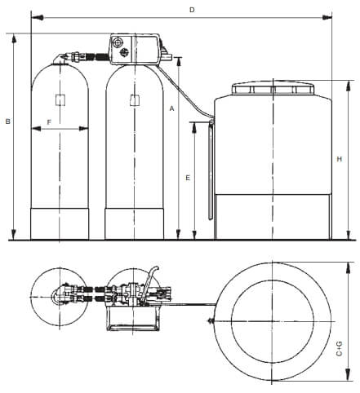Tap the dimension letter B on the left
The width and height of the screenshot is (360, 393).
(x=7, y=121)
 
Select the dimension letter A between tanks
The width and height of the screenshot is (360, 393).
(x=171, y=108)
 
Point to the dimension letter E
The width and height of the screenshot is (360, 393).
(x=187, y=177)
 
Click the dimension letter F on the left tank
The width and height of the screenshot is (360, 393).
(x=49, y=121)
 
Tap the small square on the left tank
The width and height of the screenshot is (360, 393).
(x=60, y=100)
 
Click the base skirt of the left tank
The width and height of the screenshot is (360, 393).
(x=60, y=224)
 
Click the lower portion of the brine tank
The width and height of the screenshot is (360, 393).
(x=272, y=216)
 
